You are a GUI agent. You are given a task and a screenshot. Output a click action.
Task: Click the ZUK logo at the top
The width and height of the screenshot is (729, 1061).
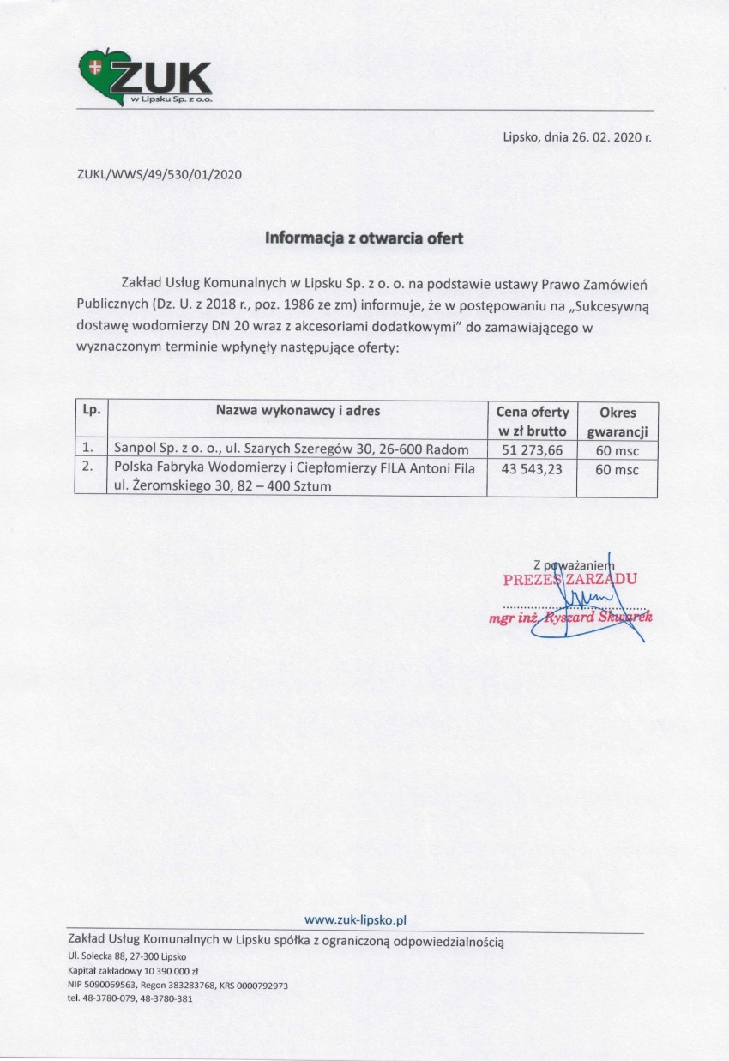pyautogui.click(x=146, y=80)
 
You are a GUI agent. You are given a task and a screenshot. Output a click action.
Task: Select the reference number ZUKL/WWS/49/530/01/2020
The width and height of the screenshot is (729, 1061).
pyautogui.click(x=160, y=174)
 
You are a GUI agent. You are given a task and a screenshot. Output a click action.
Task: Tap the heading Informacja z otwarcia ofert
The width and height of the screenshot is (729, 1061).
pyautogui.click(x=364, y=238)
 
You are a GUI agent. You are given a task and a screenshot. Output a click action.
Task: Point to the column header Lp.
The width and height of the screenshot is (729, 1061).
pyautogui.click(x=90, y=411)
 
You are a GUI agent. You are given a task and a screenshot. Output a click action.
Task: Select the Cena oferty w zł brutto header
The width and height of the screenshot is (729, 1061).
pyautogui.click(x=532, y=420)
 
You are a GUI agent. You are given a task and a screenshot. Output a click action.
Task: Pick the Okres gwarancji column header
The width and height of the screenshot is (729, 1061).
pyautogui.click(x=618, y=420)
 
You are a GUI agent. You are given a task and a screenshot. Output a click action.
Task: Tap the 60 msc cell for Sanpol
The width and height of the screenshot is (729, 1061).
pyautogui.click(x=618, y=449)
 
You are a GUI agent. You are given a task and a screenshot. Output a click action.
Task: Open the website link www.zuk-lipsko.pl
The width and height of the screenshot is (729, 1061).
pyautogui.click(x=354, y=919)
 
